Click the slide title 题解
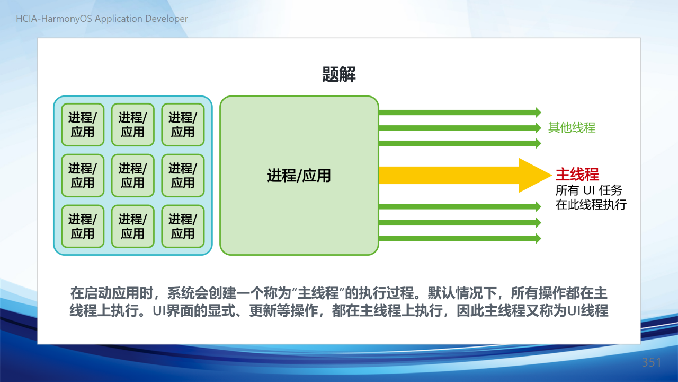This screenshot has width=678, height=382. tap(338, 74)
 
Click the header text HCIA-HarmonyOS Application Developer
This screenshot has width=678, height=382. tap(102, 19)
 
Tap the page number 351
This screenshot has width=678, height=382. tap(652, 362)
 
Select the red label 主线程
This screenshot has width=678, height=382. tap(577, 175)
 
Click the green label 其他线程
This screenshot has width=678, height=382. tap(572, 128)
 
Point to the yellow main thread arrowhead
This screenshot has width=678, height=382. tap(535, 175)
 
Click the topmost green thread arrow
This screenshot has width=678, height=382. tap(460, 112)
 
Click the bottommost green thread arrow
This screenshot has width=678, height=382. tap(460, 238)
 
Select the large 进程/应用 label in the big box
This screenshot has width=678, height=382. tap(299, 176)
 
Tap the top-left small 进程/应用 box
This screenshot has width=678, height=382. tap(83, 125)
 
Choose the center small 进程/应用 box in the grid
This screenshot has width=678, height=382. tap(133, 176)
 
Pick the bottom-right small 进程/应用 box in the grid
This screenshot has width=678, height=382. tap(183, 227)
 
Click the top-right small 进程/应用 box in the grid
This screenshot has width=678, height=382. tap(183, 125)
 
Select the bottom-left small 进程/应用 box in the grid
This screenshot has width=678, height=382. tap(83, 227)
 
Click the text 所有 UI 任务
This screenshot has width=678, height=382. tap(588, 190)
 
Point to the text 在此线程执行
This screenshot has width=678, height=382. tap(591, 205)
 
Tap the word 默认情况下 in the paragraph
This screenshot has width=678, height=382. tap(462, 293)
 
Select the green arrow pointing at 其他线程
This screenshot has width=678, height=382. tap(460, 128)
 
